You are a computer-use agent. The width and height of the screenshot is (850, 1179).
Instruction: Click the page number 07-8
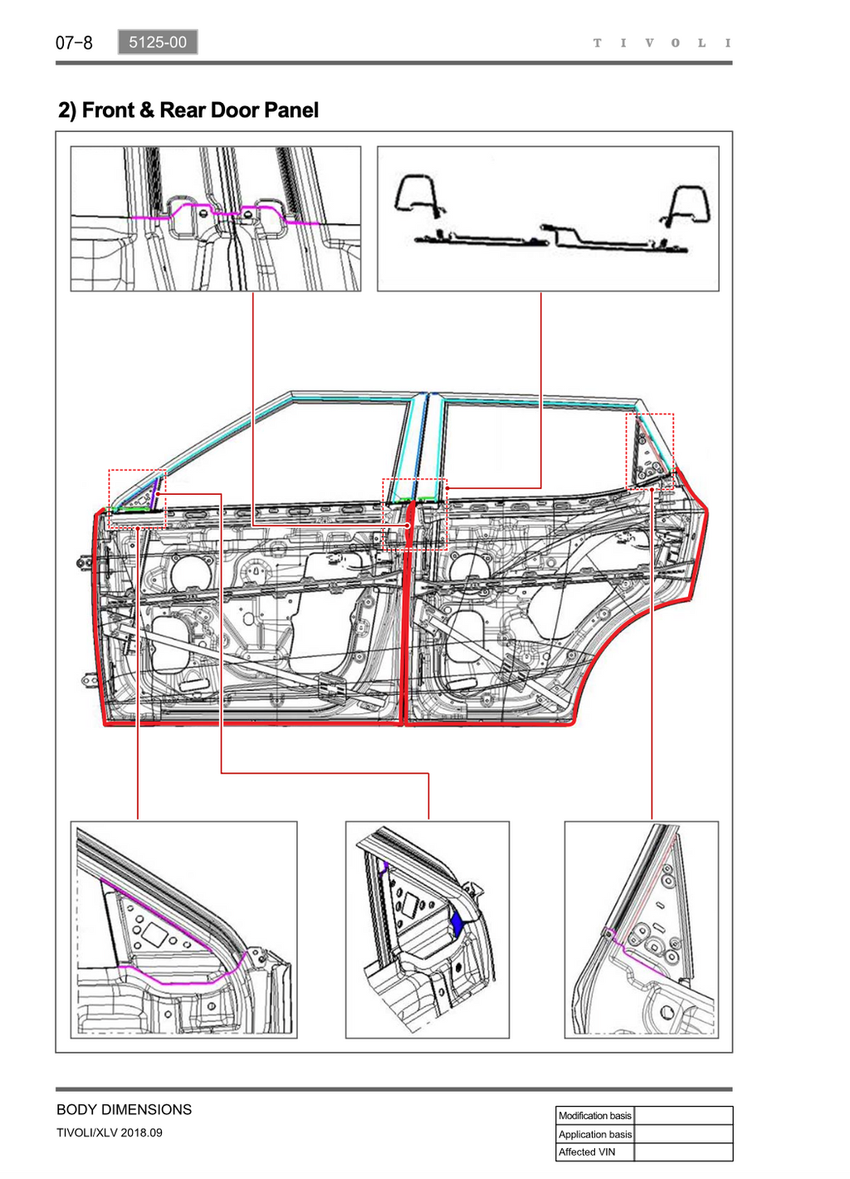pos(74,42)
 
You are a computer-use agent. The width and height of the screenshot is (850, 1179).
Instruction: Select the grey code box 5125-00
pos(158,42)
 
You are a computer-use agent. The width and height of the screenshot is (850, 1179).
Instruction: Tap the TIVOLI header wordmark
pos(662,43)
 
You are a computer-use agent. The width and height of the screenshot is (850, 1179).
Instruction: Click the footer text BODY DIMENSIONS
pos(125,1109)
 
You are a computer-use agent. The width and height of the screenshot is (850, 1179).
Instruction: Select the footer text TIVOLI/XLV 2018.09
pos(110,1133)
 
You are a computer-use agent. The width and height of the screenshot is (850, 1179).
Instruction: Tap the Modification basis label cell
pos(594,1115)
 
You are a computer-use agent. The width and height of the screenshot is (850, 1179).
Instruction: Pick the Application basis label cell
pos(594,1134)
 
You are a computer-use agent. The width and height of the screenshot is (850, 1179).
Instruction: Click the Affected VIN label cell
pos(594,1152)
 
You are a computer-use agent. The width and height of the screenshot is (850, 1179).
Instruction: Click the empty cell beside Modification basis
pos(683,1115)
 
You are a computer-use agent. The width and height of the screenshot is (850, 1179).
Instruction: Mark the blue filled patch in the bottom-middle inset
pos(457,924)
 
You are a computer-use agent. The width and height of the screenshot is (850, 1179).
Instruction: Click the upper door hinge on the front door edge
pos(84,563)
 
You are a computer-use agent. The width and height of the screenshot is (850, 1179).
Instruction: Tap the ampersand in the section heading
pos(148,110)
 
